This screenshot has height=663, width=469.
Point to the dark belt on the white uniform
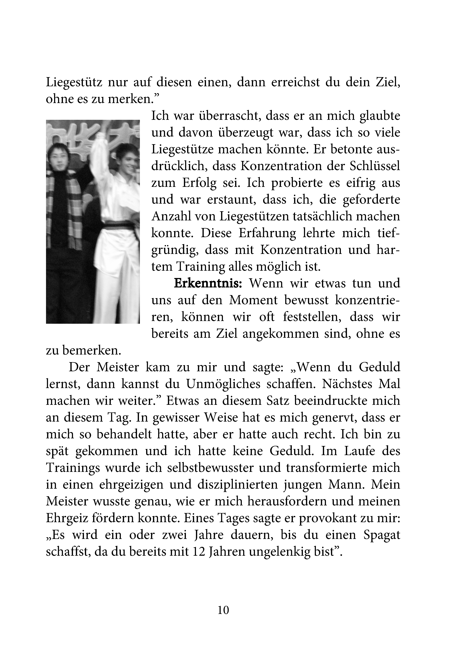[x=118, y=225]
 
